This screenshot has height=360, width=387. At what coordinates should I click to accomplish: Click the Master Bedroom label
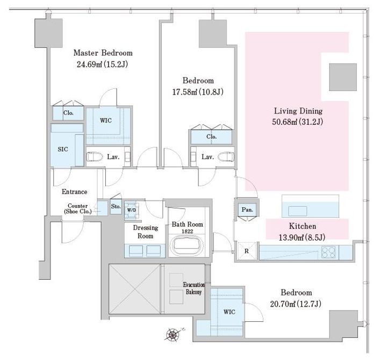point(103,53)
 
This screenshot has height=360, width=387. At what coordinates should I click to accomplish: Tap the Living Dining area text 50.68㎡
point(284,122)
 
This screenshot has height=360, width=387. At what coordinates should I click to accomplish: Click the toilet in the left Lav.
point(95,157)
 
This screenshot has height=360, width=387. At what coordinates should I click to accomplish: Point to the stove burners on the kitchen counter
point(328,252)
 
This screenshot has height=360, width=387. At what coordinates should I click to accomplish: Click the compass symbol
point(173,335)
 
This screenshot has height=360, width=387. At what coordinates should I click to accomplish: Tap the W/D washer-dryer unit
point(132,210)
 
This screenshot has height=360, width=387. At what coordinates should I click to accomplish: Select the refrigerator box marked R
point(247,251)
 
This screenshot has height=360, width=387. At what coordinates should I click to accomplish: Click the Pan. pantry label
point(247,210)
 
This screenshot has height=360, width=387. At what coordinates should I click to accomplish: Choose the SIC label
point(63,149)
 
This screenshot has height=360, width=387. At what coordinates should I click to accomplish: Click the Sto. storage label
point(116,206)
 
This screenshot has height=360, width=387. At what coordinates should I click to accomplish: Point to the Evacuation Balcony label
point(193,288)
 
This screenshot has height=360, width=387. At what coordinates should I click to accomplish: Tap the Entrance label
point(74,192)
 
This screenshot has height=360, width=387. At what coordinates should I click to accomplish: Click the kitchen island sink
point(298,211)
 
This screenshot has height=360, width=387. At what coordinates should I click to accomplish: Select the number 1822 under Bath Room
point(188,231)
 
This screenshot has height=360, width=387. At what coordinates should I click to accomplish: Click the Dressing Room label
point(145,232)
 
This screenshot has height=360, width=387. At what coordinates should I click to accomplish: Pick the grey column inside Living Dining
point(343,77)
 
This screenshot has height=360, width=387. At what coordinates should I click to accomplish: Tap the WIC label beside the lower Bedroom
point(230,312)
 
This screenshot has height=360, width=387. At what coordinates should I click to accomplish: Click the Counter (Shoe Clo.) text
point(78,209)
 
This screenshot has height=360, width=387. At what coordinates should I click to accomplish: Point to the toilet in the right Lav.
point(226,157)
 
